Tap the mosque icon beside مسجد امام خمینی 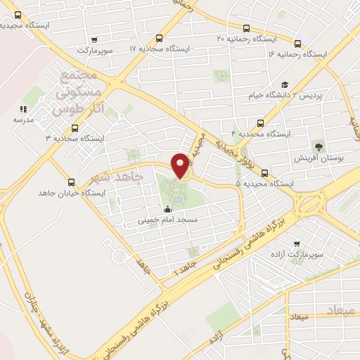167,209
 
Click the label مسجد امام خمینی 167,220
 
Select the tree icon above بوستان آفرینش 319,146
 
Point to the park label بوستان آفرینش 319,159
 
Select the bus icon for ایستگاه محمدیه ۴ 262,122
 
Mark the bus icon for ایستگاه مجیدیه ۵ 264,173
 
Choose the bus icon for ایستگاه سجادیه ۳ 75,128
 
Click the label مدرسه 23,120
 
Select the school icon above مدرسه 23,109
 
